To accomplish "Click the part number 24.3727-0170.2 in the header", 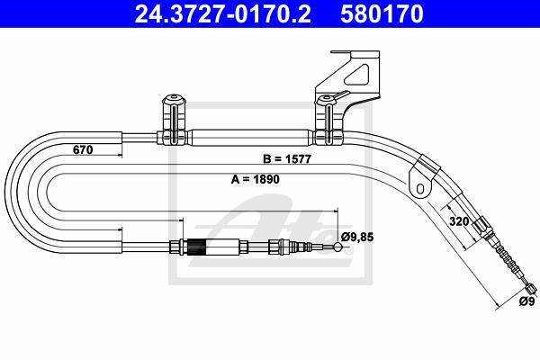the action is pyautogui.click(x=222, y=13).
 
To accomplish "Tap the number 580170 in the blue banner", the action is pyautogui.click(x=382, y=13).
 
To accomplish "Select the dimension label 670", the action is pyautogui.click(x=83, y=150).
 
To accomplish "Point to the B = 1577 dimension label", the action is pyautogui.click(x=287, y=158).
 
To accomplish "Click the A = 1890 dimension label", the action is pyautogui.click(x=256, y=179).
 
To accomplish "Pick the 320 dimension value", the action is pyautogui.click(x=459, y=221).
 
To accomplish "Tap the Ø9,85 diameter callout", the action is pyautogui.click(x=357, y=237).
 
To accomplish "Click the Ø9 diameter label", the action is pyautogui.click(x=526, y=301).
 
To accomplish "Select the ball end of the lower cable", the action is pyautogui.click(x=337, y=247).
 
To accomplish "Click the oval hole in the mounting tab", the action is pyautogui.click(x=420, y=188).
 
